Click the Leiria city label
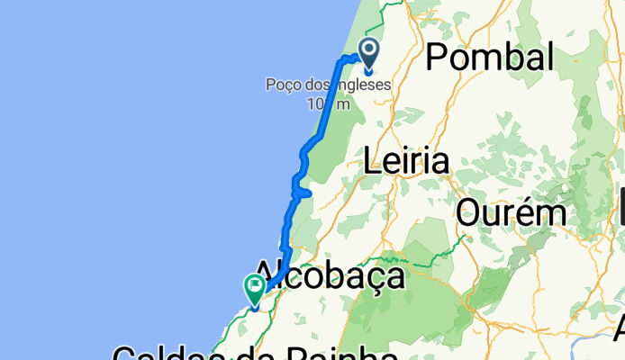(405, 163)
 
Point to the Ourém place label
(511, 213)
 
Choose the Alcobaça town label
(329, 275)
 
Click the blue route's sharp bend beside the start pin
(342, 59)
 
